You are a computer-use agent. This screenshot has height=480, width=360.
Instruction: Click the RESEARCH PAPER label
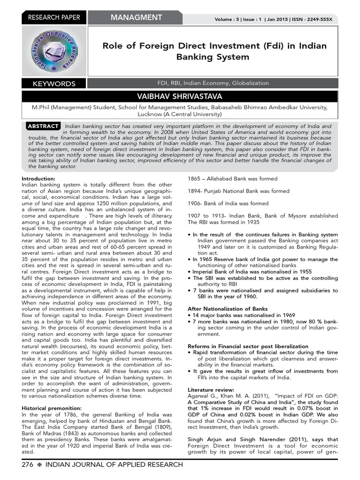click(x=54, y=18)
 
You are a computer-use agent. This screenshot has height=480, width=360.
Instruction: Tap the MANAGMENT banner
click(x=136, y=18)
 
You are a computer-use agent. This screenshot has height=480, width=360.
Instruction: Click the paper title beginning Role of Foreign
click(x=215, y=51)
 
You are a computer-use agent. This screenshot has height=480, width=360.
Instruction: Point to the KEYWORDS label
click(x=54, y=84)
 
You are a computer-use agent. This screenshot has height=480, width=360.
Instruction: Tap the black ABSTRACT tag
click(x=43, y=126)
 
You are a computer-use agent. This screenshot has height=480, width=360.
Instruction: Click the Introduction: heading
click(x=38, y=179)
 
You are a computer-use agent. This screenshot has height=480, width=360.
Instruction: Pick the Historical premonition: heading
click(x=52, y=408)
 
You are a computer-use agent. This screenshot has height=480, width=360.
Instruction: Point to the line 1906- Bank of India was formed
click(x=228, y=203)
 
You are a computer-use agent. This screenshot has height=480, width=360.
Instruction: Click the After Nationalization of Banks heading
click(x=227, y=309)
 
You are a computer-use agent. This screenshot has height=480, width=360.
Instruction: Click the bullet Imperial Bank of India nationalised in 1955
click(x=247, y=271)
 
